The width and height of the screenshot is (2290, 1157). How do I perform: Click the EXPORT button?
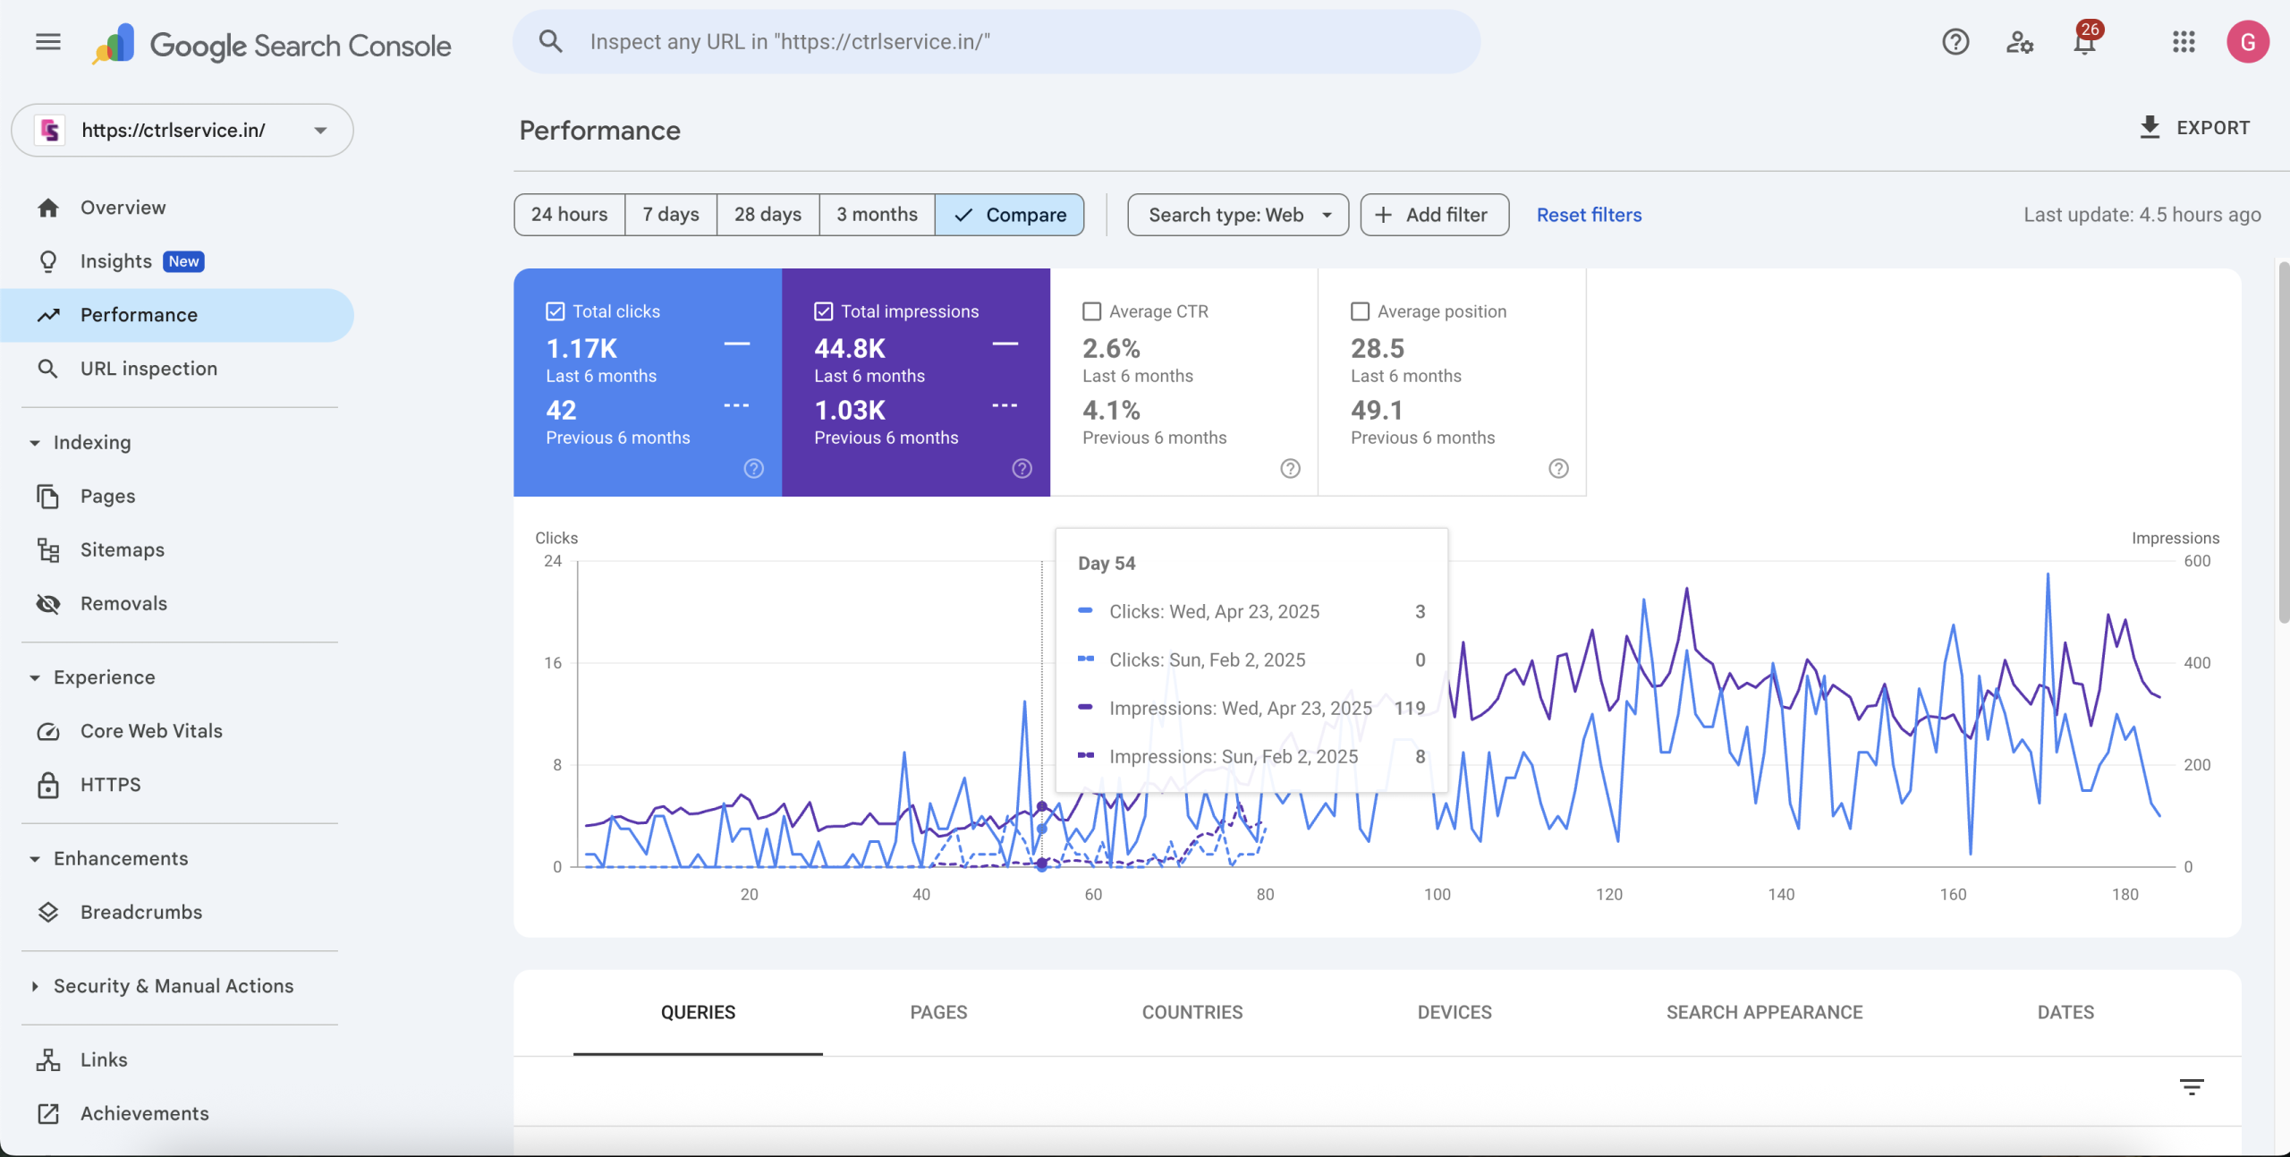(x=2194, y=128)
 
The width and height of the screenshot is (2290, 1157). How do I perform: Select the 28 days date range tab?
(x=768, y=215)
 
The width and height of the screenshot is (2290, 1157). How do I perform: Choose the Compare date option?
(x=1010, y=215)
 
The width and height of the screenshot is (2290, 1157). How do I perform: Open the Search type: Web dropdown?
(x=1238, y=215)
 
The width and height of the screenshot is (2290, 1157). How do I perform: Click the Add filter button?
(x=1435, y=215)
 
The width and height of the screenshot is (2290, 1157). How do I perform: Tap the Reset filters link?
(x=1589, y=215)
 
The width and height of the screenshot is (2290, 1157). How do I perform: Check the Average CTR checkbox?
(x=1091, y=311)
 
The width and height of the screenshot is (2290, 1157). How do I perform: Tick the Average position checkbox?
(x=1360, y=311)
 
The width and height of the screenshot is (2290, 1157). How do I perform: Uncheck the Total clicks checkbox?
(x=556, y=311)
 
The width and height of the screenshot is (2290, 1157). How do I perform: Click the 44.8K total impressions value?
(x=850, y=348)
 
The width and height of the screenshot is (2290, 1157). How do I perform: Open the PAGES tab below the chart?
(x=938, y=1012)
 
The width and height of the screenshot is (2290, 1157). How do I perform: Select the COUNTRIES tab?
(x=1192, y=1012)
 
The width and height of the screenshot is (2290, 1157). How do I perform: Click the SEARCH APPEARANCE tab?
(x=1764, y=1012)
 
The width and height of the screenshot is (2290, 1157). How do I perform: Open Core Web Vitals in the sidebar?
(x=151, y=731)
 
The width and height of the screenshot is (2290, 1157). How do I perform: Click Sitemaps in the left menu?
(x=123, y=549)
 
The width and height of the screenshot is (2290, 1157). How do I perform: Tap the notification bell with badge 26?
(x=2085, y=42)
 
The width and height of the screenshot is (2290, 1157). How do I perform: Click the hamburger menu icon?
(x=48, y=42)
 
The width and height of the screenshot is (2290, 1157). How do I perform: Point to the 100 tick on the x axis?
(x=1437, y=894)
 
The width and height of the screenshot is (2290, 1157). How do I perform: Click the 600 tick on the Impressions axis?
(x=2197, y=561)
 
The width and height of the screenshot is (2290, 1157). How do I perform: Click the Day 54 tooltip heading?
(x=1107, y=563)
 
